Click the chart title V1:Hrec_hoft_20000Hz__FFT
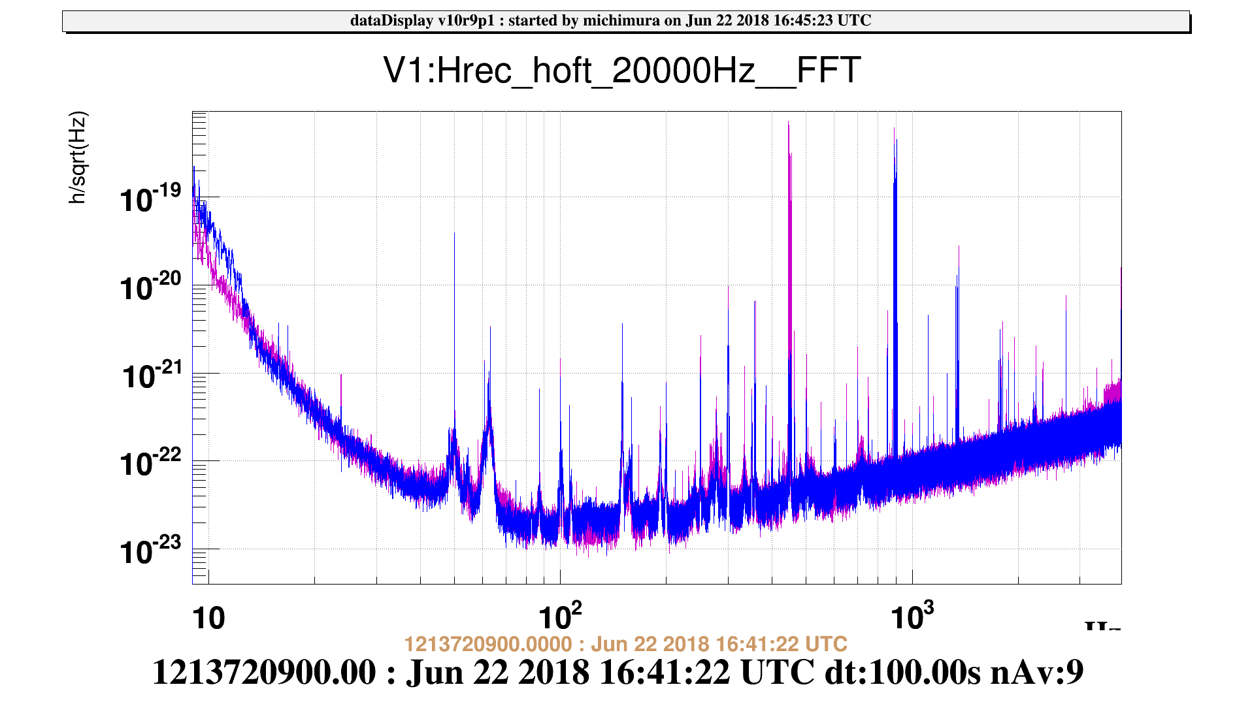click(621, 71)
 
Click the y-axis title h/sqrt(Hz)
click(78, 158)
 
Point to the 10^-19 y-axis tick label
click(151, 199)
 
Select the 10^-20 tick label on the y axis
click(151, 287)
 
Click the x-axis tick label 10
click(208, 618)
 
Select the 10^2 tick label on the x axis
click(560, 616)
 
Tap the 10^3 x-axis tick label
click(912, 616)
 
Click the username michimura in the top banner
click(621, 21)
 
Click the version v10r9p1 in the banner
click(466, 21)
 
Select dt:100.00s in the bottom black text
click(903, 672)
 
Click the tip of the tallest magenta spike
click(789, 122)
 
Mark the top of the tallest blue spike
click(895, 129)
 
